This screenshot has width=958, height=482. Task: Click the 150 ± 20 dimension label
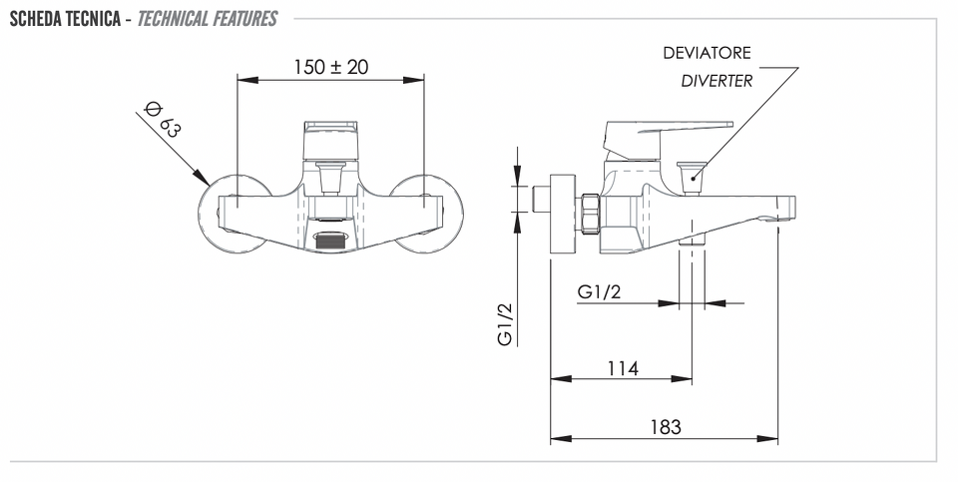[331, 67]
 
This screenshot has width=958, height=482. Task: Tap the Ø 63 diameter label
[163, 119]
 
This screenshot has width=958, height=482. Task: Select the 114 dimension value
[623, 368]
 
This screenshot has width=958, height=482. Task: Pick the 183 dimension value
[666, 426]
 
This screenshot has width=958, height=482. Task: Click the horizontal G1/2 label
[599, 292]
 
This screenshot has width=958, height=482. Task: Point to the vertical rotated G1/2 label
[505, 324]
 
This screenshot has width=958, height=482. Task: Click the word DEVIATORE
[707, 53]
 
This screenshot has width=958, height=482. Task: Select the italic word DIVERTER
[717, 81]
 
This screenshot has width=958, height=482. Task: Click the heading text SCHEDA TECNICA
[65, 19]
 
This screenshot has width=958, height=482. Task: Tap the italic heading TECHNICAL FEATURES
[208, 19]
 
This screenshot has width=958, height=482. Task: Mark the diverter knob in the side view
[692, 178]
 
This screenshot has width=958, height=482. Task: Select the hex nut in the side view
[589, 214]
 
